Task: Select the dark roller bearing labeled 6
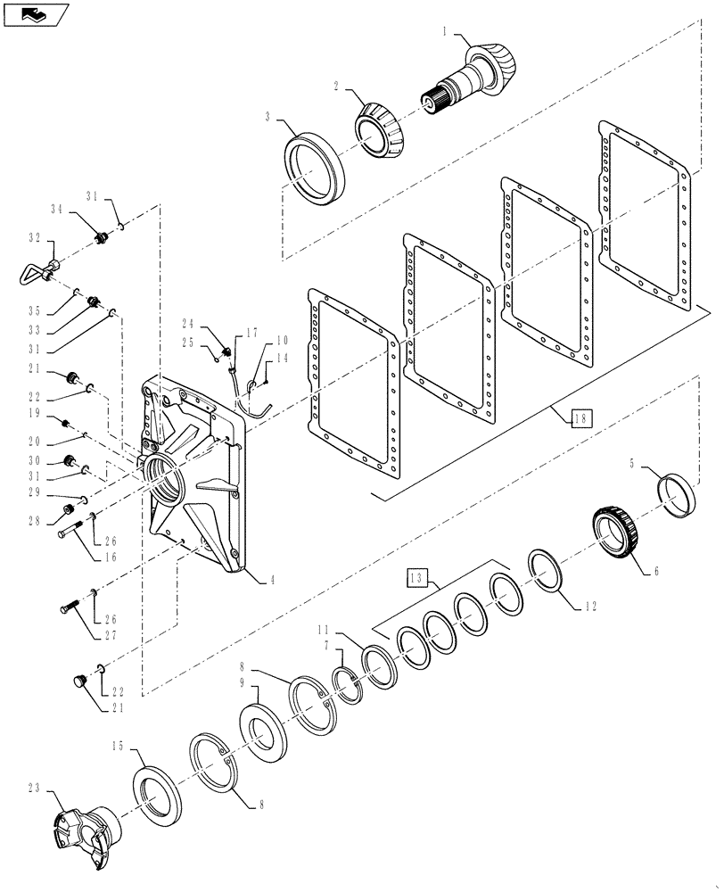click(615, 534)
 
